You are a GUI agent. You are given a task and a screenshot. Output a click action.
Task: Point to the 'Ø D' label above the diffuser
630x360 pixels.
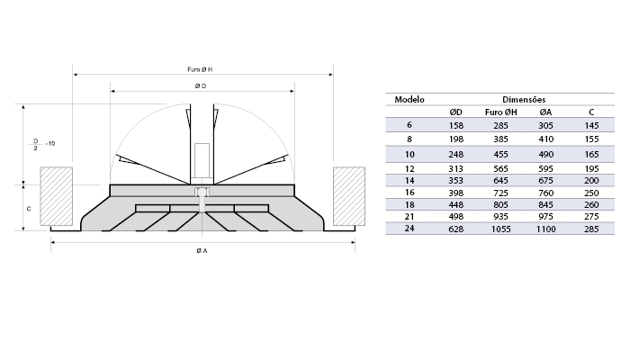point(202,85)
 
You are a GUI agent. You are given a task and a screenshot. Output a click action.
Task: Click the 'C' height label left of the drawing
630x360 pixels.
point(29,208)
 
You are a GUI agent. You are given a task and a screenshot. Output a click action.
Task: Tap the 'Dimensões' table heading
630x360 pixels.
point(524,99)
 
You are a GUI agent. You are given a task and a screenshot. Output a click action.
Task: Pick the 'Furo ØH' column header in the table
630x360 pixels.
point(500,112)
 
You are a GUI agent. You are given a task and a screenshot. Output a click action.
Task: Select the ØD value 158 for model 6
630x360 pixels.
point(455,124)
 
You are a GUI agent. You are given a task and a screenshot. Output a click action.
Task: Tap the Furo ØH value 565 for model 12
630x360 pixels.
point(499,168)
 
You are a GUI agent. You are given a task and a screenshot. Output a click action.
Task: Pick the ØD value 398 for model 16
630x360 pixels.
point(455,192)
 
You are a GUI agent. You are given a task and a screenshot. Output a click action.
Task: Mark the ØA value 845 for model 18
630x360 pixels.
point(545,204)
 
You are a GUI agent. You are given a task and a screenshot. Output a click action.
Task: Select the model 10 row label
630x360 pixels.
point(408,155)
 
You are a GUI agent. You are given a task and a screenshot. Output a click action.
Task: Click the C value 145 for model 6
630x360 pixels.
point(590,124)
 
